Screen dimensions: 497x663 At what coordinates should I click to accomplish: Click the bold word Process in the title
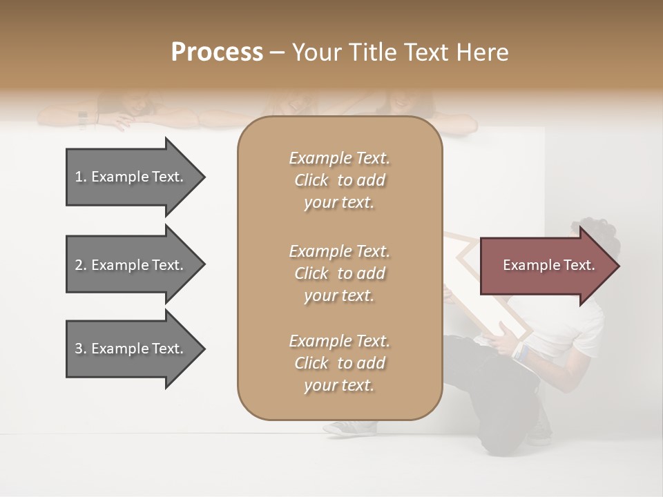(217, 52)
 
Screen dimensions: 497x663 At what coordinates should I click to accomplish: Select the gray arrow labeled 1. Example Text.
(131, 177)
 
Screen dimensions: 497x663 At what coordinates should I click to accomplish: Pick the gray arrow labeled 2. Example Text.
(131, 265)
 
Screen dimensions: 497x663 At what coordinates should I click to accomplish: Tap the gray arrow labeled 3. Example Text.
(131, 349)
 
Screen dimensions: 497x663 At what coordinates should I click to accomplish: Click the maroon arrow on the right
(546, 266)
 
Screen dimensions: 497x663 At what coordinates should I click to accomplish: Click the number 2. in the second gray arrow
(80, 265)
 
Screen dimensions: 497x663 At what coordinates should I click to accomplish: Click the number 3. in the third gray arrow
(80, 349)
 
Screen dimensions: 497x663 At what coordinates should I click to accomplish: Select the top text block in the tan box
(339, 180)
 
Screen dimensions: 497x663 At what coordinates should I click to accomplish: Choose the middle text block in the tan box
(339, 273)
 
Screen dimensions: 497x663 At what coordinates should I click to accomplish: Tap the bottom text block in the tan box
(339, 363)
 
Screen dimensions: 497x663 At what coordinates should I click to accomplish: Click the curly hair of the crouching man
(598, 231)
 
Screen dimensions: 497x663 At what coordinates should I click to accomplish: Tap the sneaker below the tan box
(345, 428)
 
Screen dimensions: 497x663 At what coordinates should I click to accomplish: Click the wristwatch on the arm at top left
(83, 119)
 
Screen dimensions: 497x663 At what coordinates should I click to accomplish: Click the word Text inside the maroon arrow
(579, 265)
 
